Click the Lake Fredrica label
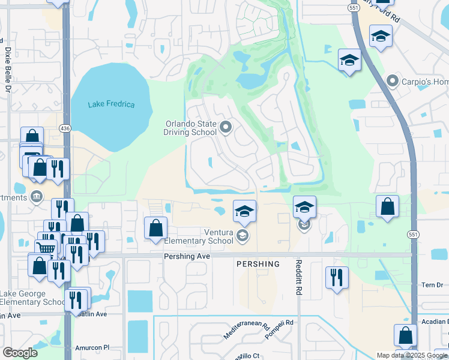111,104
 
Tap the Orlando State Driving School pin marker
226,127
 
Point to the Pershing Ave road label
187,256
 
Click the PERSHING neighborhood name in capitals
258,264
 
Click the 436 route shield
65,128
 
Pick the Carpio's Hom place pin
393,80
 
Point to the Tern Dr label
430,285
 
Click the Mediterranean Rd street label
246,331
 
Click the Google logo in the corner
20,353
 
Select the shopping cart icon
45,248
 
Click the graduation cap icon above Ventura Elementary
244,211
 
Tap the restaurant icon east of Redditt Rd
337,277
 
